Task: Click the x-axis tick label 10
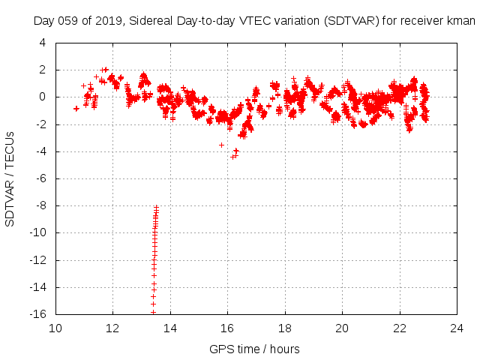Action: [x=55, y=328]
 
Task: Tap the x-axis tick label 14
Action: [x=170, y=328]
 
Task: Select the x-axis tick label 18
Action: [x=285, y=328]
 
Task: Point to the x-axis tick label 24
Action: [x=457, y=328]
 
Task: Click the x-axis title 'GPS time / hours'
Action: [x=255, y=349]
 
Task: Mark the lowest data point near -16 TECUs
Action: [x=153, y=312]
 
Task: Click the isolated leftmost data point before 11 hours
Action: [x=76, y=108]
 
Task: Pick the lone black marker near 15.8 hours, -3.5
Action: [x=221, y=145]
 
